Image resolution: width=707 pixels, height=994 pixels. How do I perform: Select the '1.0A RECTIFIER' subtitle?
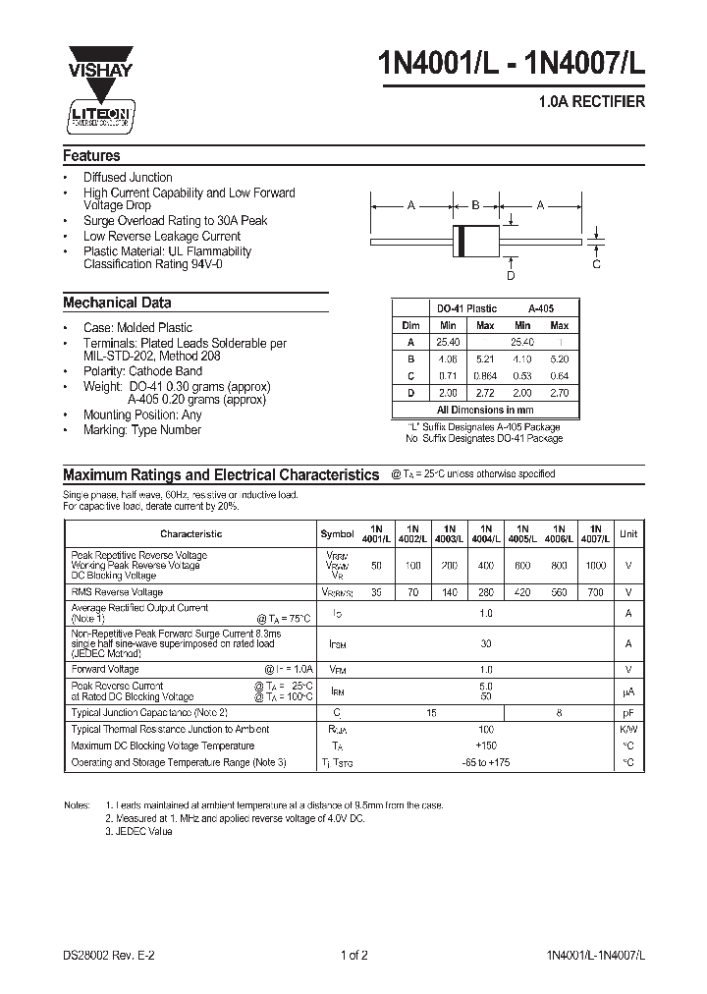(x=593, y=102)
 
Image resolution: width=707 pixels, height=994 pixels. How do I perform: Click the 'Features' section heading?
(x=91, y=156)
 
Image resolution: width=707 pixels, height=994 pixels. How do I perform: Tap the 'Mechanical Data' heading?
(x=117, y=304)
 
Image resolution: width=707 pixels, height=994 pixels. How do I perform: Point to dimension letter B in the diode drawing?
(x=475, y=206)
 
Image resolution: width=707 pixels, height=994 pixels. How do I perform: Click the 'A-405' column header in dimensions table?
(x=541, y=308)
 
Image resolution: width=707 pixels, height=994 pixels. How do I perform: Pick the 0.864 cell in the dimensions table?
(x=485, y=375)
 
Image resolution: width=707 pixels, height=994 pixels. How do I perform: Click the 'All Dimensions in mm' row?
(x=485, y=410)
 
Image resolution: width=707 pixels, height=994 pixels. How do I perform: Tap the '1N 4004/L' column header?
(x=485, y=533)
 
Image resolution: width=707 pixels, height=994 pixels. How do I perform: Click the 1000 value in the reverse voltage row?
(x=594, y=567)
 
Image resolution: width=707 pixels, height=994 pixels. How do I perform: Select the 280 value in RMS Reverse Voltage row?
(x=485, y=593)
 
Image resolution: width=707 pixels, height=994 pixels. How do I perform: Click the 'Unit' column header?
(x=628, y=533)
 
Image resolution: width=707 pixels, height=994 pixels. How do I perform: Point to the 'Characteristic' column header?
(x=190, y=534)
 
